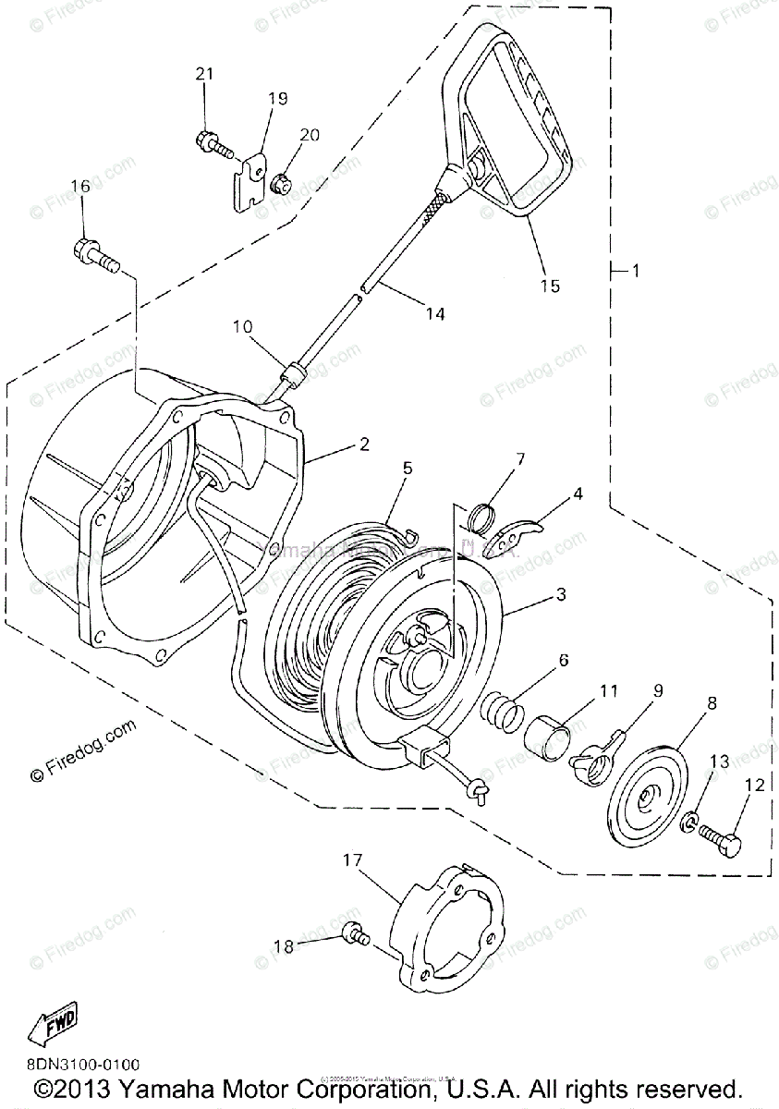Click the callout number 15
pos(550,286)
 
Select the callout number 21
pos(204,74)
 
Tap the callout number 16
pos(81,186)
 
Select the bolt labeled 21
pos(212,143)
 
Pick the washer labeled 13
pos(690,820)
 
